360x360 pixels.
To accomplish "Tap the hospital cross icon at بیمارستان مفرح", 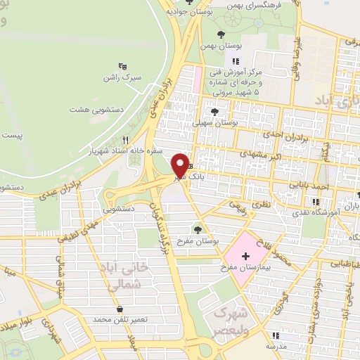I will (x=245, y=257).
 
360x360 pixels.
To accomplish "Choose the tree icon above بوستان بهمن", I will (x=221, y=33).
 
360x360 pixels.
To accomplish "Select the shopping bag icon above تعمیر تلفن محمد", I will (x=120, y=309).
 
